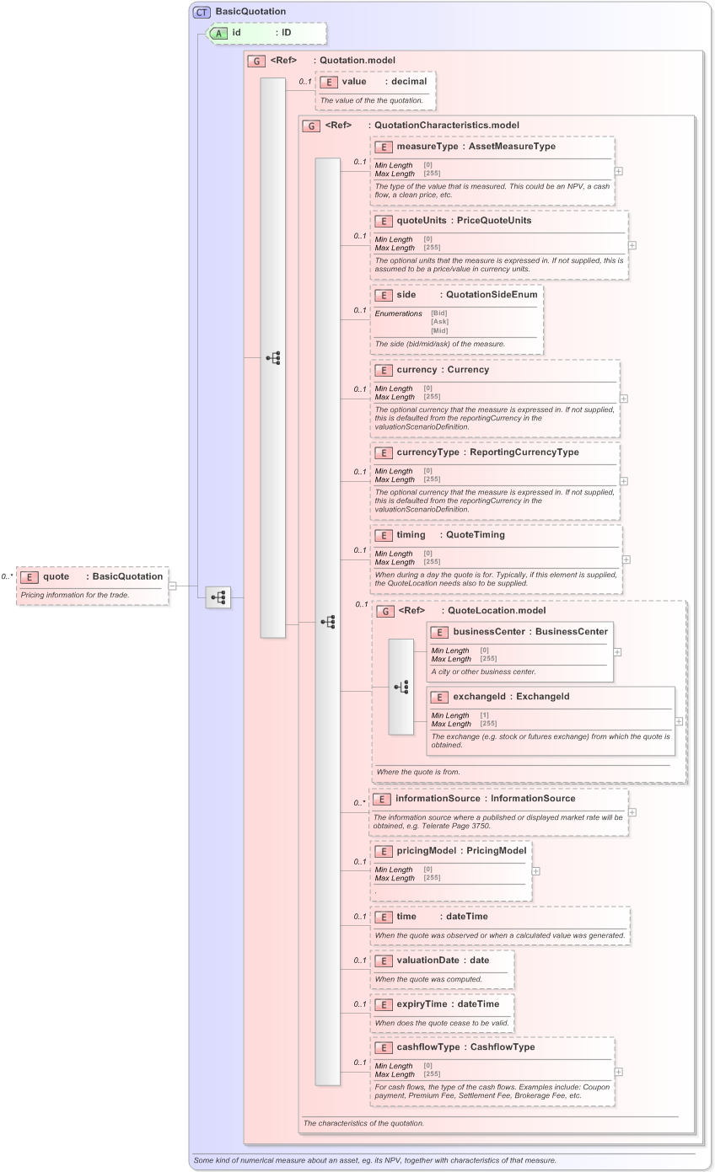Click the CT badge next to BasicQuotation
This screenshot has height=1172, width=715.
pos(202,12)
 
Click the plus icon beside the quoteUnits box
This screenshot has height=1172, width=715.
pos(632,245)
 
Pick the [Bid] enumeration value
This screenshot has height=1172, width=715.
pos(438,313)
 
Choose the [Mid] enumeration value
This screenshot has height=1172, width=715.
pos(438,330)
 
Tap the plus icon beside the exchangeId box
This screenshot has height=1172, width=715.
pos(679,722)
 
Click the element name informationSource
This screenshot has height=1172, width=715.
pos(438,799)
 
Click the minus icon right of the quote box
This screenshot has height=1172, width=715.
pos(173,586)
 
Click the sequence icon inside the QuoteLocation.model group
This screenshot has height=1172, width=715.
pos(401,687)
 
